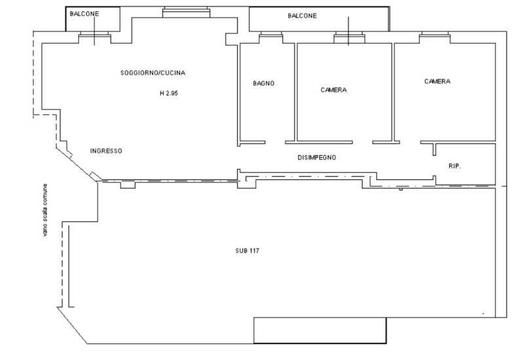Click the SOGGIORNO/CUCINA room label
pos(148,72)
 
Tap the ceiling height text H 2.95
pos(169,94)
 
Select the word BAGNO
pos(263,84)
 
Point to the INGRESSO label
pos(106,151)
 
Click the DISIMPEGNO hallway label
pos(317,158)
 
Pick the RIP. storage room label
pos(455,167)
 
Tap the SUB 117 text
pos(248,251)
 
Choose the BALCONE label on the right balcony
pos(302,16)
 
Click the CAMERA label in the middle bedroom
pos(333,90)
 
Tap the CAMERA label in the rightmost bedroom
pos(437,82)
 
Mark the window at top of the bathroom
pos(269,37)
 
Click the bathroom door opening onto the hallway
pos(275,141)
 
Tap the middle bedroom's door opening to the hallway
pos(362,141)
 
